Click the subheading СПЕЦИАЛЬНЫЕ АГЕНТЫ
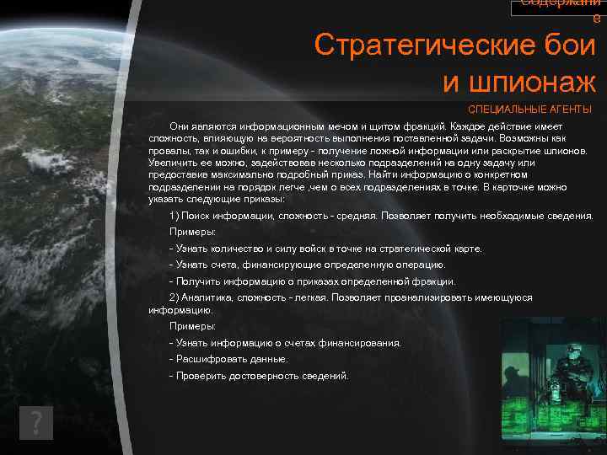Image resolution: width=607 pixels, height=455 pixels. point(529,110)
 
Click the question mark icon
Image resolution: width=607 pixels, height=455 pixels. point(36,423)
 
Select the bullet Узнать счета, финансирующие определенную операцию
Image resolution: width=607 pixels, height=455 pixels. point(309,265)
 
